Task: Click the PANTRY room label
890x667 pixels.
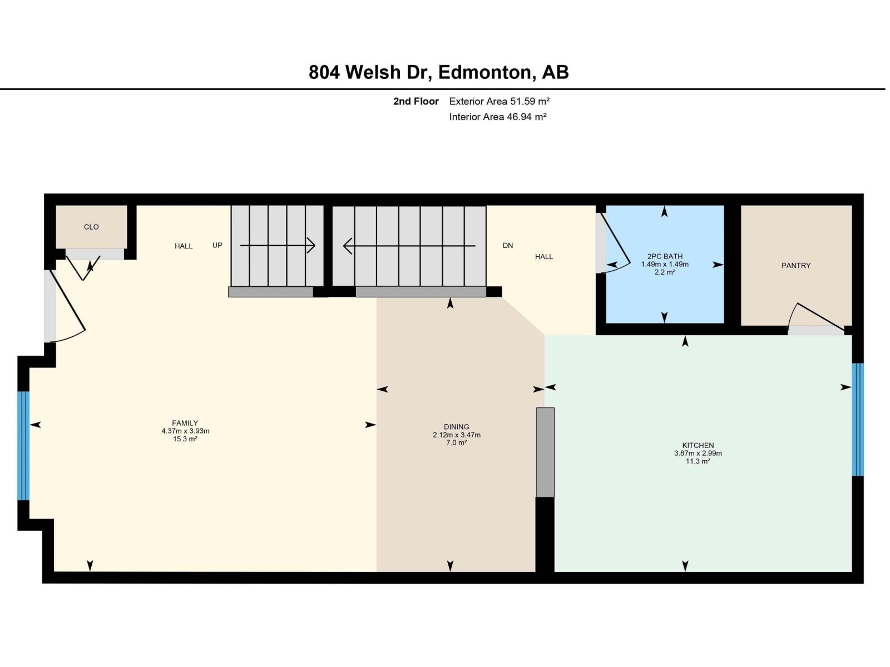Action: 795,266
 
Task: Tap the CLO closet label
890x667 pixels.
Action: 91,227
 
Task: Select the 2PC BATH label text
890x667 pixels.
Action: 665,257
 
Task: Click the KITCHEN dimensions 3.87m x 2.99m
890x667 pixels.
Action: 698,454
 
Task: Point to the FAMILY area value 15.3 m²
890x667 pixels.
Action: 185,439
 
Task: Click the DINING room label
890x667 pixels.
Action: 456,427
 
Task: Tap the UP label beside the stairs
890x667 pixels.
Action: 217,245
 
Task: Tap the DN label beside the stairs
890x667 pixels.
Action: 507,245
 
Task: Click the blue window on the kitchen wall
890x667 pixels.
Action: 858,420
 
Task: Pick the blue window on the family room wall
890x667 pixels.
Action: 23,446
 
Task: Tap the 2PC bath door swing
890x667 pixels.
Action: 615,245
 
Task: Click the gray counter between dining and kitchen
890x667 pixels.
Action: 545,452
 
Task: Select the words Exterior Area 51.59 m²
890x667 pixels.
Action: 499,101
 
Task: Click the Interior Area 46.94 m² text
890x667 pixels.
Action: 497,117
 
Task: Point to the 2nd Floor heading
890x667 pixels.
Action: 416,101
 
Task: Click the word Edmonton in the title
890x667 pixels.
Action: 483,72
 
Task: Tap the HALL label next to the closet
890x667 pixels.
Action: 183,246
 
